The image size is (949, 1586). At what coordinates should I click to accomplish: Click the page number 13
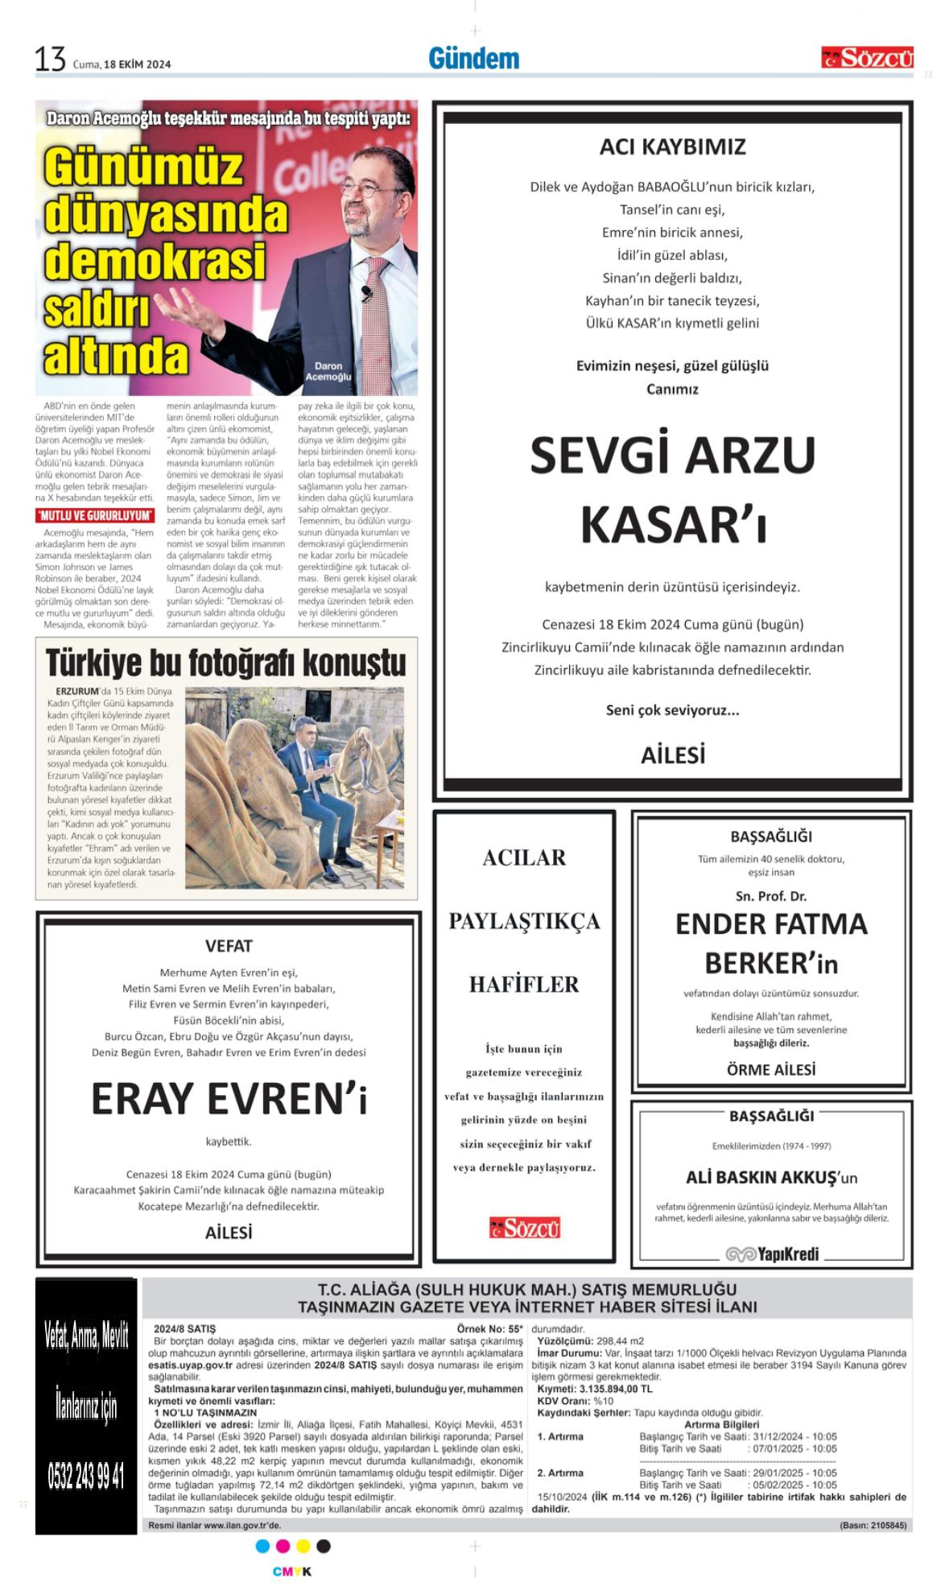click(49, 60)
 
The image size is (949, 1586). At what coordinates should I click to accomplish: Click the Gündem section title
click(473, 59)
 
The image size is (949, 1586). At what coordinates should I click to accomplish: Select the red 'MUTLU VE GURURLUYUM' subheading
click(95, 515)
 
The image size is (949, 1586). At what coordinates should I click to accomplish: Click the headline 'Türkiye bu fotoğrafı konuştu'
click(225, 663)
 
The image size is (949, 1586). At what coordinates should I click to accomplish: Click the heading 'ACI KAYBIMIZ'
click(672, 147)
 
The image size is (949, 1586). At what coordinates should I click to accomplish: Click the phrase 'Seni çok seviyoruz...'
click(672, 710)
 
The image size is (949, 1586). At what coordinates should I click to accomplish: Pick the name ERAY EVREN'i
click(229, 1098)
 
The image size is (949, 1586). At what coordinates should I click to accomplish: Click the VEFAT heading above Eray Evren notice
click(229, 946)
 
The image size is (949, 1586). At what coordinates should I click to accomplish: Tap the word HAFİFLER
click(524, 984)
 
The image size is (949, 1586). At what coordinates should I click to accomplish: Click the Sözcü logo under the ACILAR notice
click(524, 1228)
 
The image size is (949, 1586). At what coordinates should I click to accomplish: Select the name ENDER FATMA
click(770, 924)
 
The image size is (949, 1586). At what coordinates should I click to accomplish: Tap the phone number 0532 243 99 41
click(86, 1477)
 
